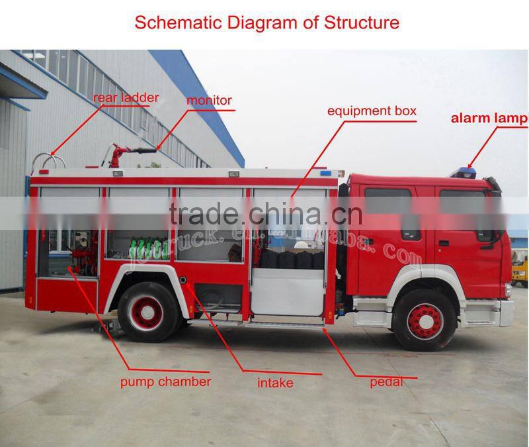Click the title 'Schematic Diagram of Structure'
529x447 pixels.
click(x=267, y=22)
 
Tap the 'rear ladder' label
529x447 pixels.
click(x=126, y=98)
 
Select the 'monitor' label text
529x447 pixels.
click(x=209, y=101)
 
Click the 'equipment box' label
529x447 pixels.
click(x=372, y=111)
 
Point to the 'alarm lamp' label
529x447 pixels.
click(x=489, y=119)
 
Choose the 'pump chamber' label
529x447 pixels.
click(x=165, y=381)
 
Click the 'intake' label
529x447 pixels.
click(x=275, y=383)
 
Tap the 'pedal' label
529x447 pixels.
click(x=386, y=381)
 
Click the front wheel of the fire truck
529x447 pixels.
click(x=424, y=320)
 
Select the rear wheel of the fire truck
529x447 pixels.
click(x=147, y=312)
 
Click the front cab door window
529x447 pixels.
click(x=462, y=212)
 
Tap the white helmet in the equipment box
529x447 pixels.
click(x=302, y=246)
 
